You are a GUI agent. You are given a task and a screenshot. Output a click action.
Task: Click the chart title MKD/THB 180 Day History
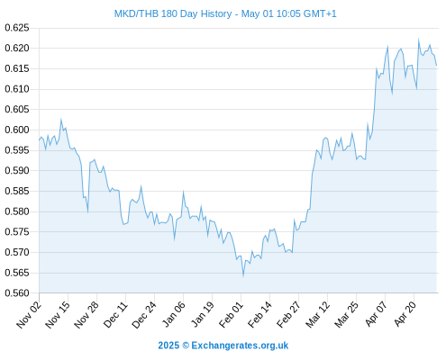point(173,14)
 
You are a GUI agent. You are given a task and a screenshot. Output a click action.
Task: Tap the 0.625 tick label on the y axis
point(17,28)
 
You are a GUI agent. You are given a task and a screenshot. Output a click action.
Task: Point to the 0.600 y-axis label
point(17,130)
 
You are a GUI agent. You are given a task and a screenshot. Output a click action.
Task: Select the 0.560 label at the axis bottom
point(17,293)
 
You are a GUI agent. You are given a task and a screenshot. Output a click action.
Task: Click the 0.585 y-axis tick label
point(17,191)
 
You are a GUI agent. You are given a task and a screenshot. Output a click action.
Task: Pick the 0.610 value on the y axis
point(17,89)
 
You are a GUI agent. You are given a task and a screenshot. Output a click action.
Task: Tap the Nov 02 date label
point(29,314)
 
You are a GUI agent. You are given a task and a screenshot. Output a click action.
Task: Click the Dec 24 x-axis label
point(144,314)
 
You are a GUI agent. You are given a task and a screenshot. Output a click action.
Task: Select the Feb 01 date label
point(231,314)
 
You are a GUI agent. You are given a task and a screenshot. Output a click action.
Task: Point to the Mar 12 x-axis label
point(317,314)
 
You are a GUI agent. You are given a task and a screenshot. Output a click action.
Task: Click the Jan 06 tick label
point(173,314)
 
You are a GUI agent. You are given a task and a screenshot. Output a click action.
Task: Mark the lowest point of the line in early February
point(243,275)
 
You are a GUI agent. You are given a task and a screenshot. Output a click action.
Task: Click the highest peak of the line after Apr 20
point(419,40)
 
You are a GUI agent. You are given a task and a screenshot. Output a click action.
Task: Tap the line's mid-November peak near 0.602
point(61,120)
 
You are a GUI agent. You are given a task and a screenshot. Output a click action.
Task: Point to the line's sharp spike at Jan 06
point(183,192)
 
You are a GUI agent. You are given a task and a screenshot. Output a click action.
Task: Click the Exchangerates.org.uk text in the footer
point(240,346)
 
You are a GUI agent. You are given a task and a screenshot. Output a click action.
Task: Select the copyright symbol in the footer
point(186,346)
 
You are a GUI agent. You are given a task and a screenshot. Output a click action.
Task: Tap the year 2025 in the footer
point(168,346)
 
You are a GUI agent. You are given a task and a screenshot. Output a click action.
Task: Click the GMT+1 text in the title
point(320,14)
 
